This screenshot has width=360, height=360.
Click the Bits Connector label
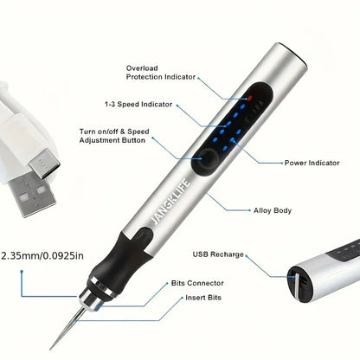point(196,283)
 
